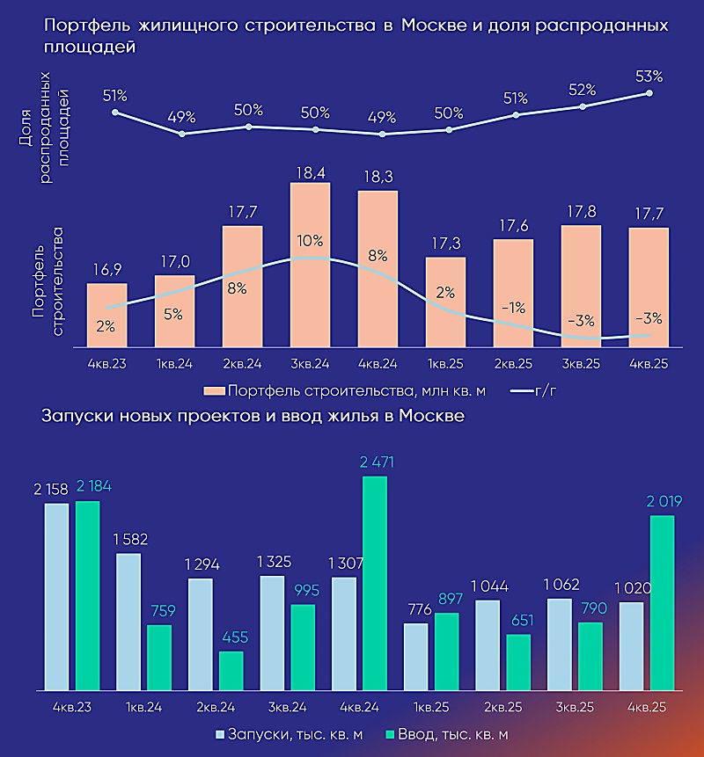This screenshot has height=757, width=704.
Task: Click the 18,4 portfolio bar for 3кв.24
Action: click(310, 264)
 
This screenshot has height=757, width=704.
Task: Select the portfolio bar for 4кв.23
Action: click(106, 315)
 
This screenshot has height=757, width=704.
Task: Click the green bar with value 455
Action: click(231, 670)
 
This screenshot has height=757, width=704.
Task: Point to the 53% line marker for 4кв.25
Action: click(649, 92)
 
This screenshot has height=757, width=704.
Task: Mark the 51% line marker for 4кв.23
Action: click(115, 113)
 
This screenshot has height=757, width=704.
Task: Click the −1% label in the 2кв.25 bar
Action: click(513, 308)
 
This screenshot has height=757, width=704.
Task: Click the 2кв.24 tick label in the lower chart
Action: click(216, 706)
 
